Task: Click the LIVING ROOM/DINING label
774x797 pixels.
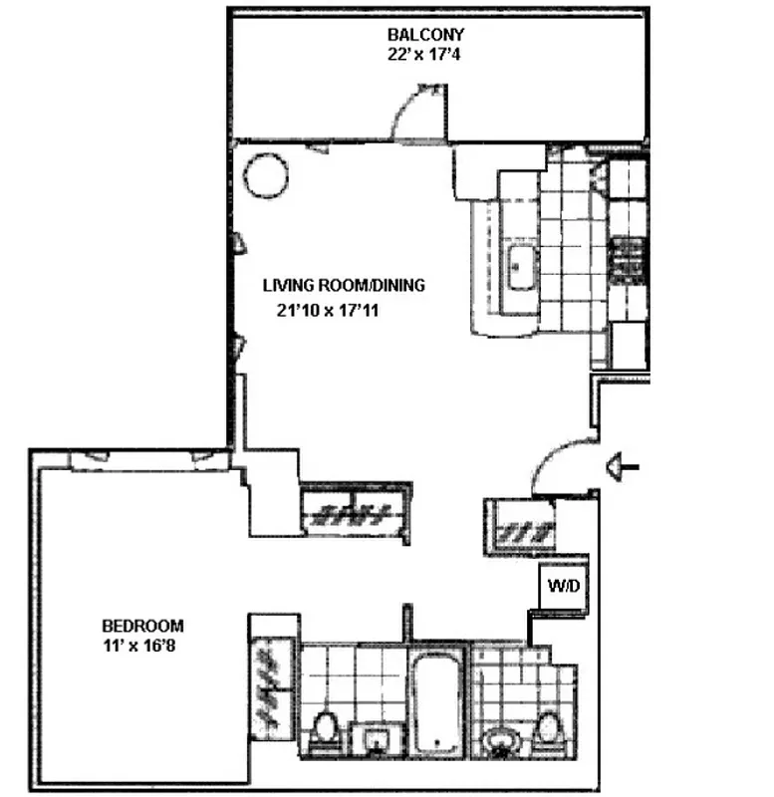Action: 344,285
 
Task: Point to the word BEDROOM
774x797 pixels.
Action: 143,626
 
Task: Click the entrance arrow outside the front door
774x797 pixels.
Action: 624,465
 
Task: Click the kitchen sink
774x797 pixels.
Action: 520,269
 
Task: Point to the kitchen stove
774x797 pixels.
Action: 628,261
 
